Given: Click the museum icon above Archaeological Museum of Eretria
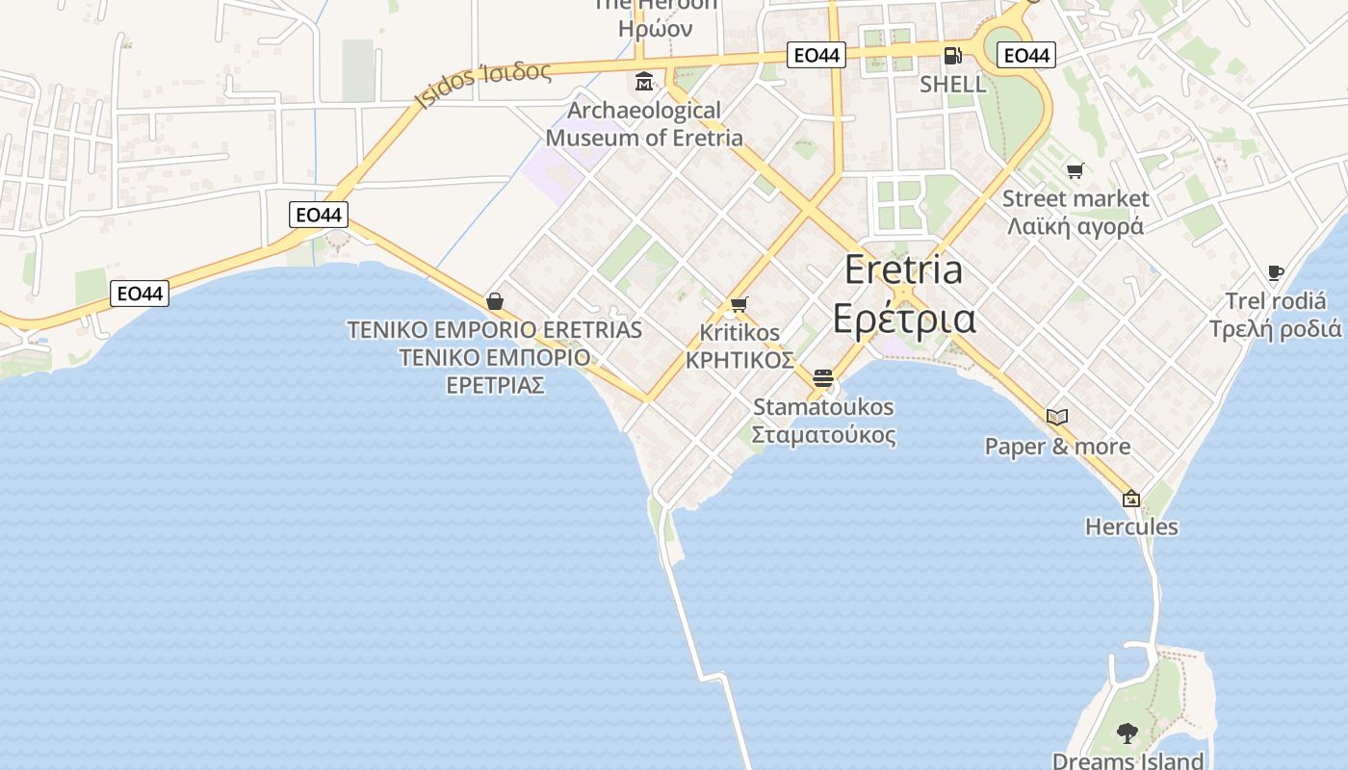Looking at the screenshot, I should coord(644,81).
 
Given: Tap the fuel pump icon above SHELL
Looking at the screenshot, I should coord(952,56).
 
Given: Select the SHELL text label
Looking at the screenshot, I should coord(952,84).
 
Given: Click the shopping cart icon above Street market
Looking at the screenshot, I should coord(1076,170).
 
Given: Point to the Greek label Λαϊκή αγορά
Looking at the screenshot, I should coord(1076,226).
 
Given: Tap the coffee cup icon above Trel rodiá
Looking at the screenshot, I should coord(1276,273).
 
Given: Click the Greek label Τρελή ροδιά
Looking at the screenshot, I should coord(1275,328).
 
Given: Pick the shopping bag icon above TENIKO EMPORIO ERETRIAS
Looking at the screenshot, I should coord(495,301).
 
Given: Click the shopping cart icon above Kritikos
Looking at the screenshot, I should coord(739,304).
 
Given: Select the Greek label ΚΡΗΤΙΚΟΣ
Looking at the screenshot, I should coord(739,360).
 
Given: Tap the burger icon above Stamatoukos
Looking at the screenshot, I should coord(822,378).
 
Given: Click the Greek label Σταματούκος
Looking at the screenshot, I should coord(823,434).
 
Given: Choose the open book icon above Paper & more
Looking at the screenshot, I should coord(1057,417).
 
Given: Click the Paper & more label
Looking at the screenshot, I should coord(1057,447).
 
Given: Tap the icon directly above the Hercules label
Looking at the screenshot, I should coord(1131,499).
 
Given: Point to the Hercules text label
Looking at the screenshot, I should coord(1131,526).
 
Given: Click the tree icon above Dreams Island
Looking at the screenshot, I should coord(1127,733).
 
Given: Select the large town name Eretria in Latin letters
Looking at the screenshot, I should coord(903,269).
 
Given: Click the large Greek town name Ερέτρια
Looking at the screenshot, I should coord(903,319).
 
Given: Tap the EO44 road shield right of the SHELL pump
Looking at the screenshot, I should coord(1026,56).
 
